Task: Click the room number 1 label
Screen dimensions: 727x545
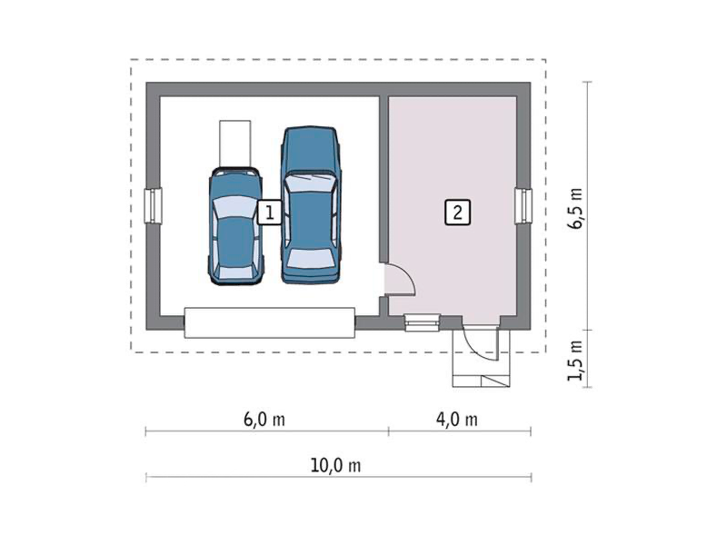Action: [269, 213]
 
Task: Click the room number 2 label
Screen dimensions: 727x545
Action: [458, 213]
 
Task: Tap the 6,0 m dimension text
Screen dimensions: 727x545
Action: [264, 420]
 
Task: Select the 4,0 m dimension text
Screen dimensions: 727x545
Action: [457, 420]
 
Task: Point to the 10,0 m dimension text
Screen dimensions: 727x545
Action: [335, 465]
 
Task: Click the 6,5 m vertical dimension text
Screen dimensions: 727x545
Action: [575, 209]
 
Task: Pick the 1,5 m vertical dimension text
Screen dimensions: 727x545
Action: [575, 361]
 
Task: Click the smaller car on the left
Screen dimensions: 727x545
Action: [235, 226]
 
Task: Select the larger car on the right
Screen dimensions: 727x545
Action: [311, 204]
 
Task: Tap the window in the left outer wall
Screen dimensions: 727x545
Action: [153, 205]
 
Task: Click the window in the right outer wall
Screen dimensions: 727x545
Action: [523, 206]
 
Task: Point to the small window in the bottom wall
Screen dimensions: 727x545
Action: [422, 322]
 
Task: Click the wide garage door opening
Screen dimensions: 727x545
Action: [270, 323]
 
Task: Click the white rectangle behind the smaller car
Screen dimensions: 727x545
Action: [235, 144]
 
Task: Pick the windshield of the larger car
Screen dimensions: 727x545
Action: [311, 183]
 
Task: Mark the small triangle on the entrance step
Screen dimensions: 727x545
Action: [495, 381]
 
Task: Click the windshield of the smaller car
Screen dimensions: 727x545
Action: [234, 207]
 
